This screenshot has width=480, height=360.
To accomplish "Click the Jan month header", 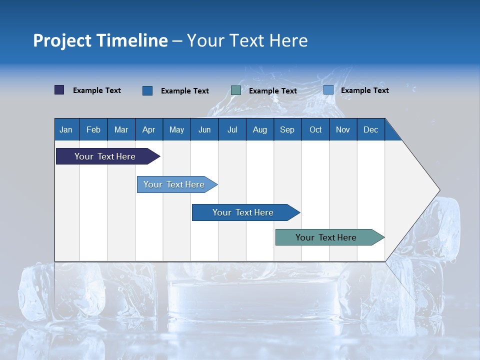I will point(66,129).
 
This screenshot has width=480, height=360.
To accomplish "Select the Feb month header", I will point(93,129).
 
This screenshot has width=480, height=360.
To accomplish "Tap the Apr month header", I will point(148,129).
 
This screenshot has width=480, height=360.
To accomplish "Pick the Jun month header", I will point(204,129).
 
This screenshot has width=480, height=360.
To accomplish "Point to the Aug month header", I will point(259,129).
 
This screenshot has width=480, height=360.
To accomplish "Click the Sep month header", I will point(287,129).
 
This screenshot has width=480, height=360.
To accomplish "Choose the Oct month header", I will point(315,129).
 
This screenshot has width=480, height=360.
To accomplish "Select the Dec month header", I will point(370,129).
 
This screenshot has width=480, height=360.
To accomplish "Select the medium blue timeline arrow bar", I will point(243,212).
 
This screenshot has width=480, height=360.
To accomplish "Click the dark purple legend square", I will point(59,90).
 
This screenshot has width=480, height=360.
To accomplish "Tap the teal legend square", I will point(236,90).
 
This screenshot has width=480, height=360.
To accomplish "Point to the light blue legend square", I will point(328,90).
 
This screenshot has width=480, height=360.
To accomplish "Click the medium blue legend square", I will point(147,90).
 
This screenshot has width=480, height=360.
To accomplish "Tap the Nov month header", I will point(342,129).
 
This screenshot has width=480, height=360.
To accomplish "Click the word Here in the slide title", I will point(288,40).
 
